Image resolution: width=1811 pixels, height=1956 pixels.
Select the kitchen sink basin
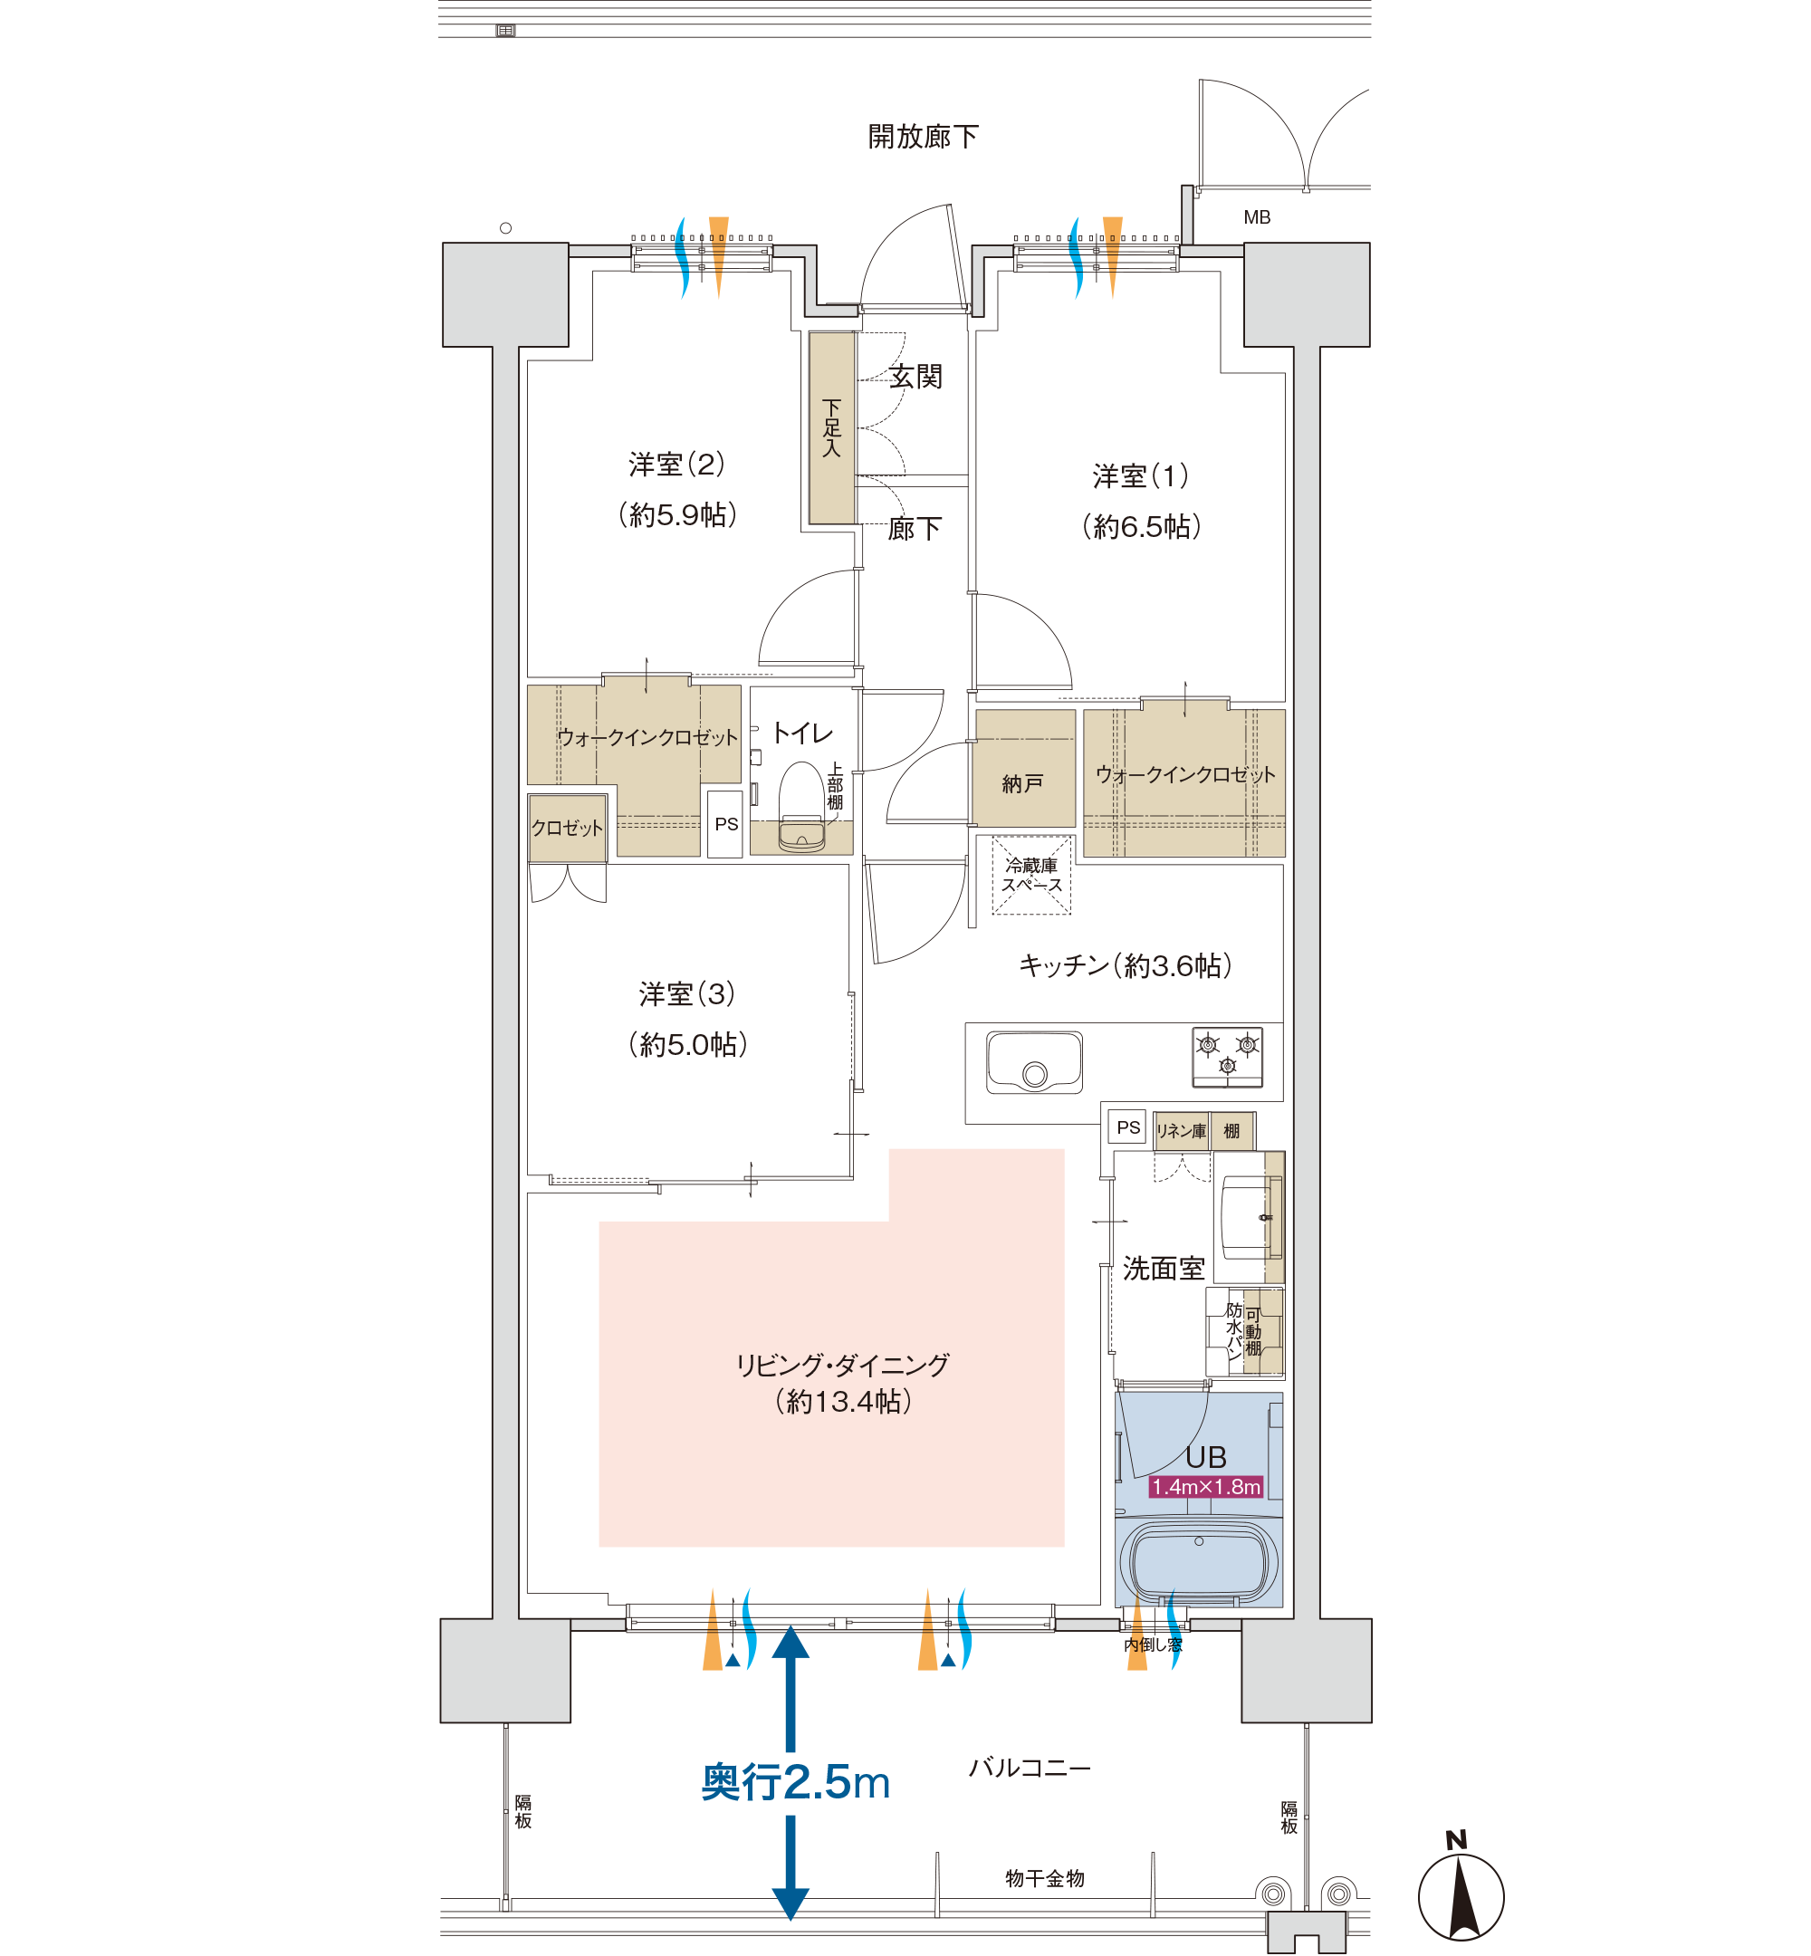click(x=1034, y=1061)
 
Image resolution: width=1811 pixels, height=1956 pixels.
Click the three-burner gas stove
click(x=1227, y=1057)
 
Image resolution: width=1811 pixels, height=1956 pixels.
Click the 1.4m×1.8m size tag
click(x=1205, y=1487)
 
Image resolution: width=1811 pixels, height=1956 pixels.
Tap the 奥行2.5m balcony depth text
click(x=795, y=1781)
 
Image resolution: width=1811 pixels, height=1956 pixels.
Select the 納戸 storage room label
click(x=1022, y=783)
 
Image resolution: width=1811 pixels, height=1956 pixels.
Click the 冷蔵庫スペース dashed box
click(x=1031, y=875)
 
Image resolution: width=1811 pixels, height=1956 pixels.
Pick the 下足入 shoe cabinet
click(x=832, y=427)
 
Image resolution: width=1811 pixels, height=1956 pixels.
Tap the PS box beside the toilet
click(x=725, y=824)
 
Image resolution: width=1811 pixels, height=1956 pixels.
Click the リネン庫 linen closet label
click(x=1181, y=1131)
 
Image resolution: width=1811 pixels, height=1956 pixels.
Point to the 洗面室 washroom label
click(x=1164, y=1268)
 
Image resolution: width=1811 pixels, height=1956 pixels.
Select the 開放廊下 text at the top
click(x=923, y=136)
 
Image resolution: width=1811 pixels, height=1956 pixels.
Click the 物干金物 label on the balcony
click(x=1045, y=1877)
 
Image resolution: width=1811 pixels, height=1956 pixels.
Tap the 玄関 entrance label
click(x=916, y=377)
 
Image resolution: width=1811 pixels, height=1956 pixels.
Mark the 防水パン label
click(x=1234, y=1331)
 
